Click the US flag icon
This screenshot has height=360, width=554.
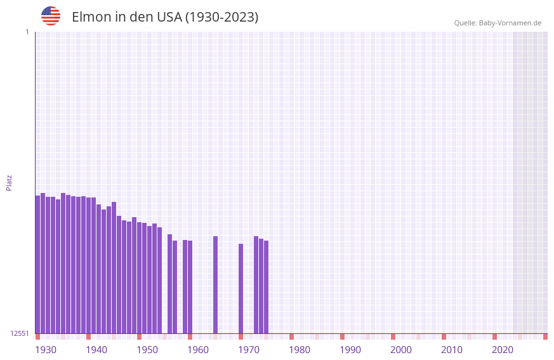point(51,16)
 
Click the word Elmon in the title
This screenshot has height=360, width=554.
point(91,17)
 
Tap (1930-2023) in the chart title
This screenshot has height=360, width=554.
point(221,17)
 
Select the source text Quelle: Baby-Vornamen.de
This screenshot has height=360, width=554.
point(498,23)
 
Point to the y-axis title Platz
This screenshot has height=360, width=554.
point(9,182)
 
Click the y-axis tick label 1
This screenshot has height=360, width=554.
point(27,32)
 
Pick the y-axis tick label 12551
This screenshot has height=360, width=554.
point(20,333)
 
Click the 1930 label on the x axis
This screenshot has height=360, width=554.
point(46,350)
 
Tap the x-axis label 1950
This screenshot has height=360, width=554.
point(147,350)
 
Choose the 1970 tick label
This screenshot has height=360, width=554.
point(249,350)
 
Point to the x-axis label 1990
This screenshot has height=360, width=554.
point(350,350)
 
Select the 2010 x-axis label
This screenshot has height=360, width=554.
point(452,350)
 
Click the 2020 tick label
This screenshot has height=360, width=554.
point(503,350)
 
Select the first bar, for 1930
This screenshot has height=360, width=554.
point(38,264)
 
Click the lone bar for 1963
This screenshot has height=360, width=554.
point(216,284)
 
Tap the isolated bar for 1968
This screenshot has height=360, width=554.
point(241,288)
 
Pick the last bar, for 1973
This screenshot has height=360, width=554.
point(267,287)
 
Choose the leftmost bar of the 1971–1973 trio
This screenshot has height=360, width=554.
point(256,284)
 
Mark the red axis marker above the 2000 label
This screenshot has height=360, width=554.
point(393,337)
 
